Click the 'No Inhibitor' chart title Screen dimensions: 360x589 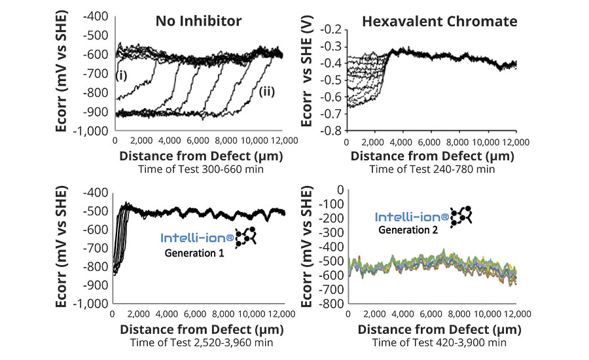pos(198,21)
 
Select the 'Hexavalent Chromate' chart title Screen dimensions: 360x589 pos(439,22)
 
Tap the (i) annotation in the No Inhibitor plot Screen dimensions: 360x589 pos(121,75)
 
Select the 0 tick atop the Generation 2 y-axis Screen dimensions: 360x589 pos(338,189)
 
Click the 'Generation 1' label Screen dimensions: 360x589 pos(192,253)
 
